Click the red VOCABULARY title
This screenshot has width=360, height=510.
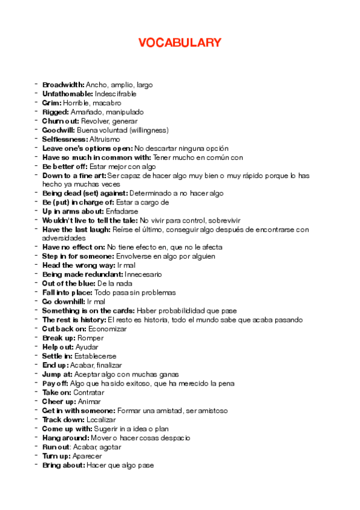pyautogui.click(x=180, y=43)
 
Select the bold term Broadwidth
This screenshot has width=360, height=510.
pyautogui.click(x=63, y=85)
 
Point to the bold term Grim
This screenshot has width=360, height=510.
pyautogui.click(x=52, y=103)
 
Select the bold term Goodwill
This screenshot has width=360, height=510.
pyautogui.click(x=58, y=130)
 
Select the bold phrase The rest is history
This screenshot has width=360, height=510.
pyautogui.click(x=74, y=320)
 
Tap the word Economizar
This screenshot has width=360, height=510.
pyautogui.click(x=108, y=329)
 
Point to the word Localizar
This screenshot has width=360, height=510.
pyautogui.click(x=100, y=419)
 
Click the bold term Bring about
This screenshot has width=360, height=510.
pyautogui.click(x=63, y=465)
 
